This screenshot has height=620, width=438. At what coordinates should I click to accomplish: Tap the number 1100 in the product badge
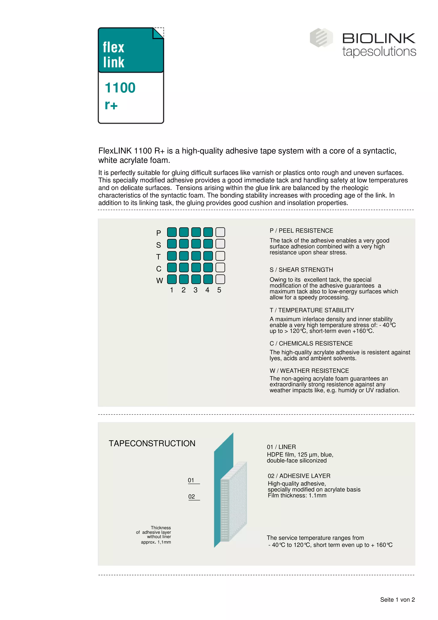(120, 88)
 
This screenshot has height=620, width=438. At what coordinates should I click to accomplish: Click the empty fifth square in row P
(220, 232)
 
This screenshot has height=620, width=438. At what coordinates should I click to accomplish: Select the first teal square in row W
(172, 279)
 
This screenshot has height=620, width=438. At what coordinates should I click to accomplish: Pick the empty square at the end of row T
(220, 256)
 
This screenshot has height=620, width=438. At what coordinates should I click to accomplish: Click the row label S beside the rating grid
(159, 245)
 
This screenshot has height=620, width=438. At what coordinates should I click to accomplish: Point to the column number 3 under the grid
(195, 290)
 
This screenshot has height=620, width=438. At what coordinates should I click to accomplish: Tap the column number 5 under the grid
(219, 290)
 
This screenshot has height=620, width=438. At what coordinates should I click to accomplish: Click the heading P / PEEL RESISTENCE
(301, 231)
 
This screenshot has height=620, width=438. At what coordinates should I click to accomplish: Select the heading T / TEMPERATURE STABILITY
(312, 310)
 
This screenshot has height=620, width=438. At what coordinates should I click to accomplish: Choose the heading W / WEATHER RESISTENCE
(309, 371)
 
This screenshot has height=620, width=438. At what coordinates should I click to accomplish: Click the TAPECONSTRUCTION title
(152, 443)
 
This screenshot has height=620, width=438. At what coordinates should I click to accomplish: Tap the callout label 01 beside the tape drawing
(191, 480)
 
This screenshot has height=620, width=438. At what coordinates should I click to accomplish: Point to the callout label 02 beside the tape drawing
(192, 497)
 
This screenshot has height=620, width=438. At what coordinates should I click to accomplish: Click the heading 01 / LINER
(281, 447)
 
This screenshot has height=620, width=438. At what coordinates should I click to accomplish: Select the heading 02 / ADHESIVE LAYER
(299, 476)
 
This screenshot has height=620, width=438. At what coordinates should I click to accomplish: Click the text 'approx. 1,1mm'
(156, 542)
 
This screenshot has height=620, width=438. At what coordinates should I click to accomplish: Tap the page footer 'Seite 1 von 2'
(397, 600)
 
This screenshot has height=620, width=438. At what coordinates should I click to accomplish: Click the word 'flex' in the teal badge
(113, 47)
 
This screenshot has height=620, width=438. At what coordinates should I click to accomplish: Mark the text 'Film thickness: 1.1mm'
(297, 495)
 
